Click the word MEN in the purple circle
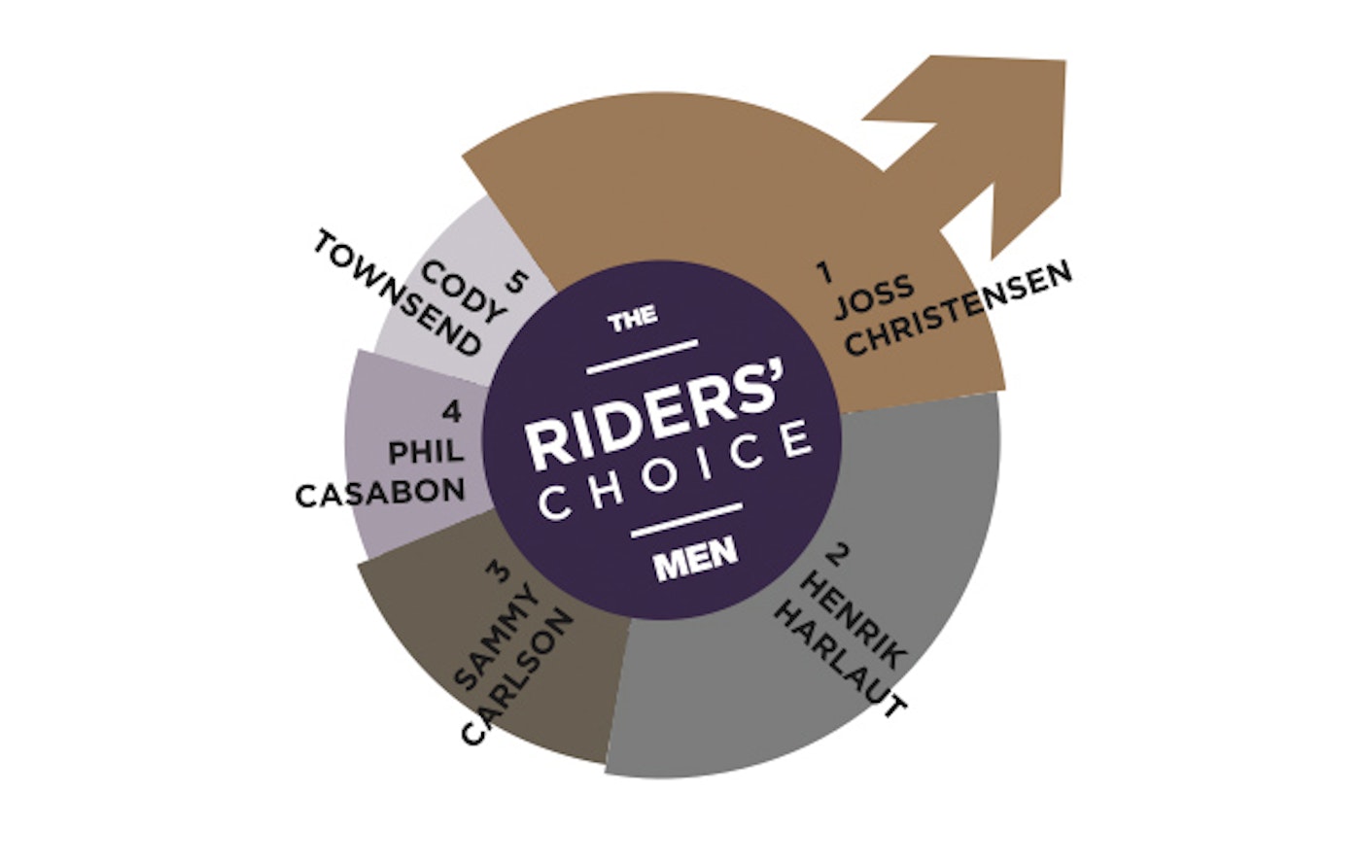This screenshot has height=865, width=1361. click(695, 563)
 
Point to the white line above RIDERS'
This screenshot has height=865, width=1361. click(645, 355)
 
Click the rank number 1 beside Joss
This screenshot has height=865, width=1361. click(826, 272)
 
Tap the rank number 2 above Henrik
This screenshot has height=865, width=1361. click(833, 557)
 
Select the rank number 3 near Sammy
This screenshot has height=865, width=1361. click(502, 571)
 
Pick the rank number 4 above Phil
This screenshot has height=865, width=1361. click(450, 411)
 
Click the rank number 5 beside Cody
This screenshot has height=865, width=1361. click(515, 283)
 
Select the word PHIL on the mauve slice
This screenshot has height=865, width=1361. click(425, 451)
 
